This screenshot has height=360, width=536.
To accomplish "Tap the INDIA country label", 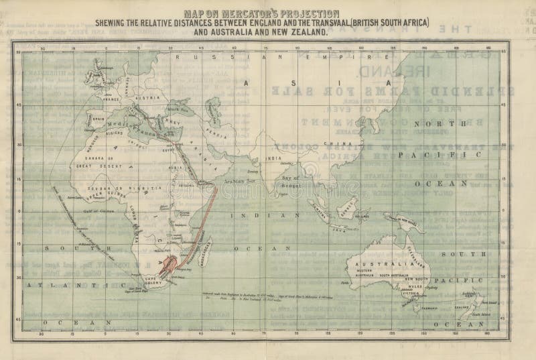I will (270, 158).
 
